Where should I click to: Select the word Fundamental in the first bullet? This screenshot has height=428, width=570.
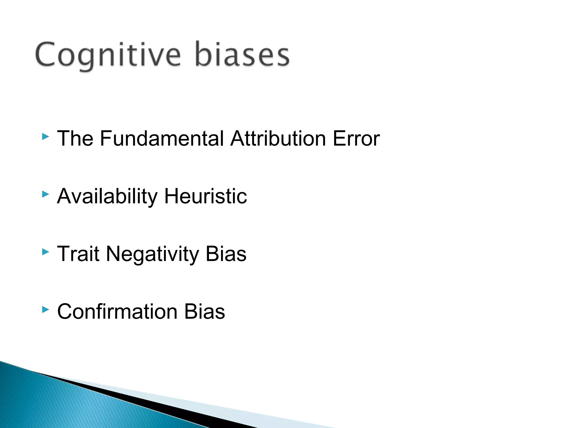[162, 138]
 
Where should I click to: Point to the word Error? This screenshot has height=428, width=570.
[356, 138]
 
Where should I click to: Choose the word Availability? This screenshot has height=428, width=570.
[107, 196]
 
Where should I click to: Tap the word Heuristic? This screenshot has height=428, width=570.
[205, 196]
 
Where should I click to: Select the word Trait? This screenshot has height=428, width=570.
[78, 254]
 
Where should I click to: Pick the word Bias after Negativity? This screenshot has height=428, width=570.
[226, 254]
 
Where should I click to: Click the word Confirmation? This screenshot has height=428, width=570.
[117, 312]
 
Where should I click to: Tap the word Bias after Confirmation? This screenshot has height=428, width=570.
[205, 312]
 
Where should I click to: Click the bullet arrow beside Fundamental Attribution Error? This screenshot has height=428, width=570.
[45, 137]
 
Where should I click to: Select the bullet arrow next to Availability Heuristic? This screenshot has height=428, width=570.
[45, 194]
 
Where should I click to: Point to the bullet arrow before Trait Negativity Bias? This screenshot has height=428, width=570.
[45, 252]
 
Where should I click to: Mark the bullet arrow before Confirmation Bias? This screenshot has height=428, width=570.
[45, 309]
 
